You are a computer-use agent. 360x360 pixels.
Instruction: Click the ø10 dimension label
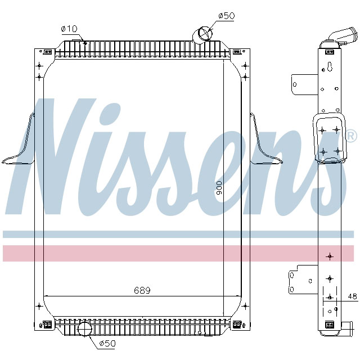pos(69,29)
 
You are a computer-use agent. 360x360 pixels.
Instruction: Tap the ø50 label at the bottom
pos(107,343)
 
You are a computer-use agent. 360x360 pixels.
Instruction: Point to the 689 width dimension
pos(142,290)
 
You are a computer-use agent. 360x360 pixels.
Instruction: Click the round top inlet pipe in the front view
pos(201,35)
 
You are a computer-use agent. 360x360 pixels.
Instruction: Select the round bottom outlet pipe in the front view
pos(84,328)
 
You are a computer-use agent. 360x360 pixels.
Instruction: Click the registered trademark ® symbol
pos(350,136)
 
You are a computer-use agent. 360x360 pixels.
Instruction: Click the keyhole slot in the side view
pos(330,69)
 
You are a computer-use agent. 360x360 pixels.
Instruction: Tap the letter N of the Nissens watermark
pos(56,157)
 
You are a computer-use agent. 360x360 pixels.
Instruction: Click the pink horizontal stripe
pos(180,253)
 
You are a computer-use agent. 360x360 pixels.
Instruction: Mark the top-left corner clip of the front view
pos(48,52)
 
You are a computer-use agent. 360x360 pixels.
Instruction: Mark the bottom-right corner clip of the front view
pos(237,324)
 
